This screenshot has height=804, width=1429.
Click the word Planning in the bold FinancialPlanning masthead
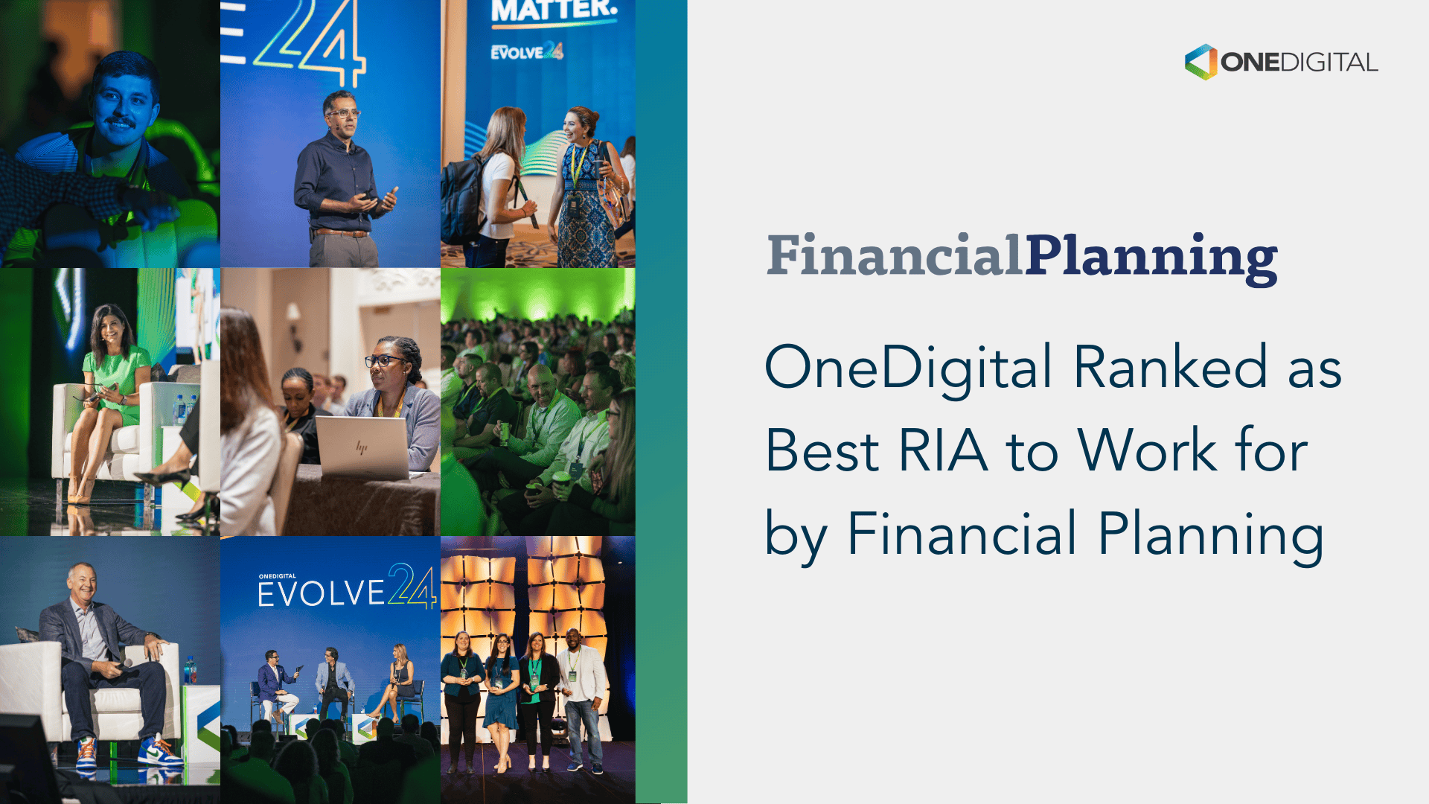1151,258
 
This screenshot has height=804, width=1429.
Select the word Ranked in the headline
1170,367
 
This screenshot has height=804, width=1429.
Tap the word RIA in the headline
943,450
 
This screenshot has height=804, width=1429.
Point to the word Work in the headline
1147,450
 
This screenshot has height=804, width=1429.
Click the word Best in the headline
822,450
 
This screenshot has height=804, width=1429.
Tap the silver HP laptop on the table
362,447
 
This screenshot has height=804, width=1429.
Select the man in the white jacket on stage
582,692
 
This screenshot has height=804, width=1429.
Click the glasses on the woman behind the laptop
386,361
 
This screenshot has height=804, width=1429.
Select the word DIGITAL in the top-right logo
1329,63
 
